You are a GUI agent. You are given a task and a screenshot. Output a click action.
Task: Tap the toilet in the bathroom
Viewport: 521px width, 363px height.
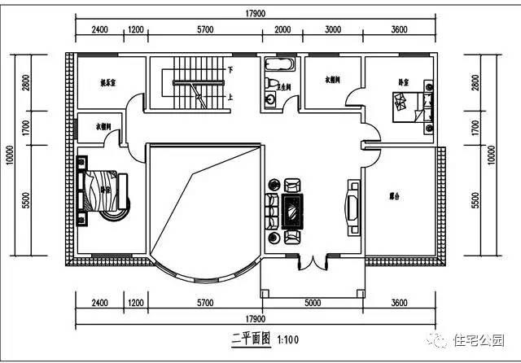click(270, 82)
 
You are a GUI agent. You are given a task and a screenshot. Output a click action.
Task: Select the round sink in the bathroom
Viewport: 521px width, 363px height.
click(271, 99)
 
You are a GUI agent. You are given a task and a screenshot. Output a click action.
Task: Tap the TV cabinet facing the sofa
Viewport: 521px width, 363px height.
click(354, 208)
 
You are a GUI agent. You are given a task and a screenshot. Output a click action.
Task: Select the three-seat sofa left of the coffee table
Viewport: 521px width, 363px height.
click(270, 209)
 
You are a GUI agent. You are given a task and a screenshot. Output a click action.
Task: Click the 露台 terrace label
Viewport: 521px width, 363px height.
click(395, 196)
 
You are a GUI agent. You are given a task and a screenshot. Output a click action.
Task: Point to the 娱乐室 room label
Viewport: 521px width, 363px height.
click(108, 82)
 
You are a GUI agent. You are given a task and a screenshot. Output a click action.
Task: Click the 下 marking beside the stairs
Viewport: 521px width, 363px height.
click(231, 71)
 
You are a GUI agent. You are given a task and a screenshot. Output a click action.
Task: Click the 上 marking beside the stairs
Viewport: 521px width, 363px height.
click(231, 96)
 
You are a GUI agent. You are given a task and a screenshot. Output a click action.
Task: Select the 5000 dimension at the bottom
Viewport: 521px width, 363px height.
click(313, 304)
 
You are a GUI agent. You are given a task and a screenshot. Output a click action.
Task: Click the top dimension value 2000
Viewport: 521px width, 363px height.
click(282, 29)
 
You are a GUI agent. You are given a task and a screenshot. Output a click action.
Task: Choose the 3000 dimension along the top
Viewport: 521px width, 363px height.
click(332, 29)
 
